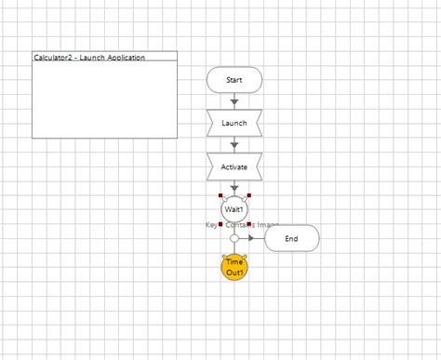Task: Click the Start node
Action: (x=234, y=80)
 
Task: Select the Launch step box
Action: (x=234, y=123)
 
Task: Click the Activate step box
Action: (x=234, y=167)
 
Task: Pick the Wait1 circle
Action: (x=234, y=209)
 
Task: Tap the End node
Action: (x=291, y=239)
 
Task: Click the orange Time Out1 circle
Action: (x=234, y=268)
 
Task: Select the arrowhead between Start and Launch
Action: (x=234, y=101)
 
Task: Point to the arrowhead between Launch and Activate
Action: (x=234, y=145)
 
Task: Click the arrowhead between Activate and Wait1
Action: (x=234, y=188)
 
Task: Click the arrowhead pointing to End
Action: (x=251, y=239)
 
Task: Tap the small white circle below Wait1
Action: (x=234, y=239)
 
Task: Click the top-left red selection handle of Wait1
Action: (x=220, y=196)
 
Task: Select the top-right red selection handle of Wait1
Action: (x=248, y=196)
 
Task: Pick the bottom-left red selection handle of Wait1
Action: (x=220, y=224)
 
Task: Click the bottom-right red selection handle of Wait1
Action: (x=248, y=224)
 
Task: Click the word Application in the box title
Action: (x=126, y=58)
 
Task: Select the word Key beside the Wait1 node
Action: (x=210, y=225)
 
